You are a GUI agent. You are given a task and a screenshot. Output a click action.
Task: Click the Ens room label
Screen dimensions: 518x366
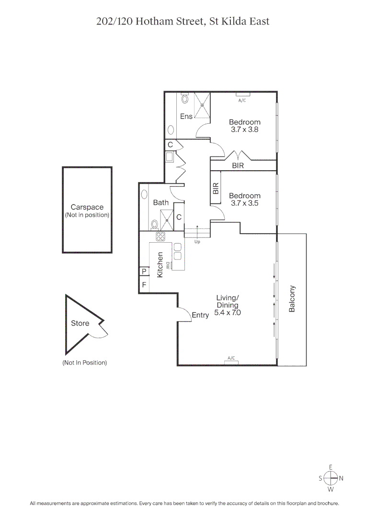pos(186,117)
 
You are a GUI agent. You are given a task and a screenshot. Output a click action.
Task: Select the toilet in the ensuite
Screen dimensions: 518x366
pos(186,99)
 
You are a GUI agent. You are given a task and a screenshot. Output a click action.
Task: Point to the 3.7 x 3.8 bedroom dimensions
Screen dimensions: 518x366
pos(244,129)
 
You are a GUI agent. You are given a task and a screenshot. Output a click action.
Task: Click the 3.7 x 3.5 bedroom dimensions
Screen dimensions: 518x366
pos(244,203)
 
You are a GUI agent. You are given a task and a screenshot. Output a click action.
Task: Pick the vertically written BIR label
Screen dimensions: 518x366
pos(216,188)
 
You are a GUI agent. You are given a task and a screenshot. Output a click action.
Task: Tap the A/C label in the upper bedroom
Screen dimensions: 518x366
pos(242,100)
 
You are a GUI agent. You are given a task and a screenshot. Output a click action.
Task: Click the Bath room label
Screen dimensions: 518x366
pos(160,203)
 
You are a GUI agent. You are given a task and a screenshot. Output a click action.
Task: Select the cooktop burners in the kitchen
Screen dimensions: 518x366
pos(160,236)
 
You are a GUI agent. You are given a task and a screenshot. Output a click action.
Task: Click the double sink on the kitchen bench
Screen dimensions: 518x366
pos(177,253)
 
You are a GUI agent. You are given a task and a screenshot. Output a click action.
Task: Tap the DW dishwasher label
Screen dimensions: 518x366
pos(168,264)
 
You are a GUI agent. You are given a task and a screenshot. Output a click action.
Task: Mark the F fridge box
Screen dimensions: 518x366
pos(143,285)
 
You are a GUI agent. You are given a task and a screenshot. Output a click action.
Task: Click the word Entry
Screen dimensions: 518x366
pos(200,315)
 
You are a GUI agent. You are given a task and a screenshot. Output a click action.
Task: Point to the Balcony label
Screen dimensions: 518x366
pos(292,299)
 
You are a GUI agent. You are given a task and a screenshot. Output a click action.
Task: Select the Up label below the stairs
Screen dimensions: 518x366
pos(197,242)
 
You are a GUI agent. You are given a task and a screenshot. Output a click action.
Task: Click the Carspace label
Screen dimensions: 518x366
pos(87,207)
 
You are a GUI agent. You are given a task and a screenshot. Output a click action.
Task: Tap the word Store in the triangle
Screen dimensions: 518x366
pos(80,323)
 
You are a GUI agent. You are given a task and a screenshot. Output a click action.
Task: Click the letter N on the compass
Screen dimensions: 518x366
pos(341,478)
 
